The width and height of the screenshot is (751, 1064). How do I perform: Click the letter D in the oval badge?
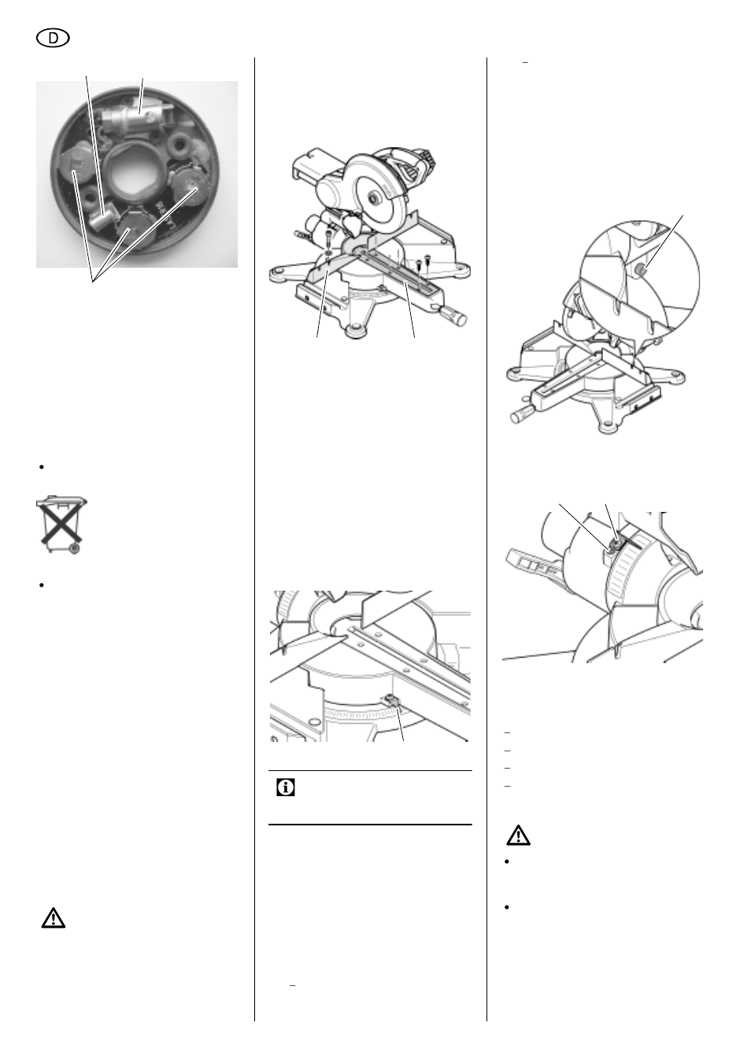54,39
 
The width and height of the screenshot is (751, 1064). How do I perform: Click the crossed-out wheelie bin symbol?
61,525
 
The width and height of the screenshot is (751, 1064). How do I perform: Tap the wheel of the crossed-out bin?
74,549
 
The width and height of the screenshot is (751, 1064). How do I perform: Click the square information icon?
285,788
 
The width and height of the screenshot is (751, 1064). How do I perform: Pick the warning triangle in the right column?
518,836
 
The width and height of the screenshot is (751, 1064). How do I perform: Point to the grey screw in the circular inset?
641,271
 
